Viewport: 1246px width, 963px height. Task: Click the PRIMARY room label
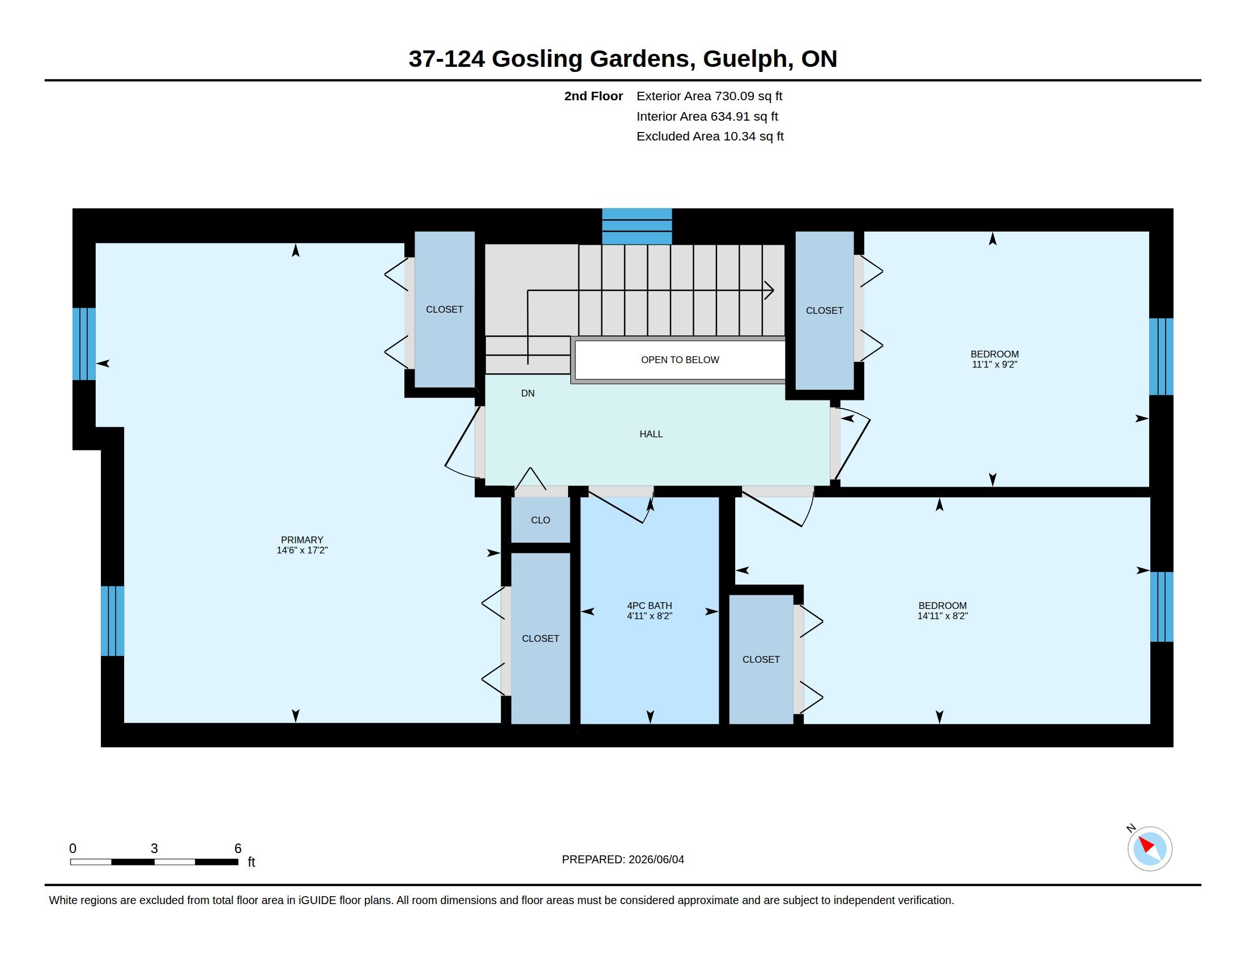[302, 540]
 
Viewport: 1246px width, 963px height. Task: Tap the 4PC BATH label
[649, 606]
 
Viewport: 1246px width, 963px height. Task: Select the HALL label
[651, 434]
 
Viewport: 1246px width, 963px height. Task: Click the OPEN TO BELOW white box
[680, 360]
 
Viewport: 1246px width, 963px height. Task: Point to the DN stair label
[528, 393]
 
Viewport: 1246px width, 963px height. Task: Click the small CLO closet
[540, 519]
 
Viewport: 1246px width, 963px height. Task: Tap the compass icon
[1149, 849]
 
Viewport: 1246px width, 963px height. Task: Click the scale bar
[154, 862]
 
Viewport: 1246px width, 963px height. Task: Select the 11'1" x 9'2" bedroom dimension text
[995, 365]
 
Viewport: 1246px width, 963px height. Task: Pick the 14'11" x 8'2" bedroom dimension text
[942, 616]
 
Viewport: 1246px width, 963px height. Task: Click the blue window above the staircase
[637, 227]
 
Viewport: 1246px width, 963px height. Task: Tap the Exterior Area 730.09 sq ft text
[709, 96]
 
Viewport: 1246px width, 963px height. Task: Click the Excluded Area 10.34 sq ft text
[710, 137]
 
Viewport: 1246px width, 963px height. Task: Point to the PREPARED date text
[622, 859]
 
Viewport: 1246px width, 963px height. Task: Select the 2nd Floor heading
[594, 96]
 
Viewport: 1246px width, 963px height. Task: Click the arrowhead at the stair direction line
[770, 291]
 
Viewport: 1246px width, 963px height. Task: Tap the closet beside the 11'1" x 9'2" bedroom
[825, 310]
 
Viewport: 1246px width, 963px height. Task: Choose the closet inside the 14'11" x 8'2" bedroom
[761, 659]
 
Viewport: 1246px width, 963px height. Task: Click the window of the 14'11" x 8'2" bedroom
[1162, 607]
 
